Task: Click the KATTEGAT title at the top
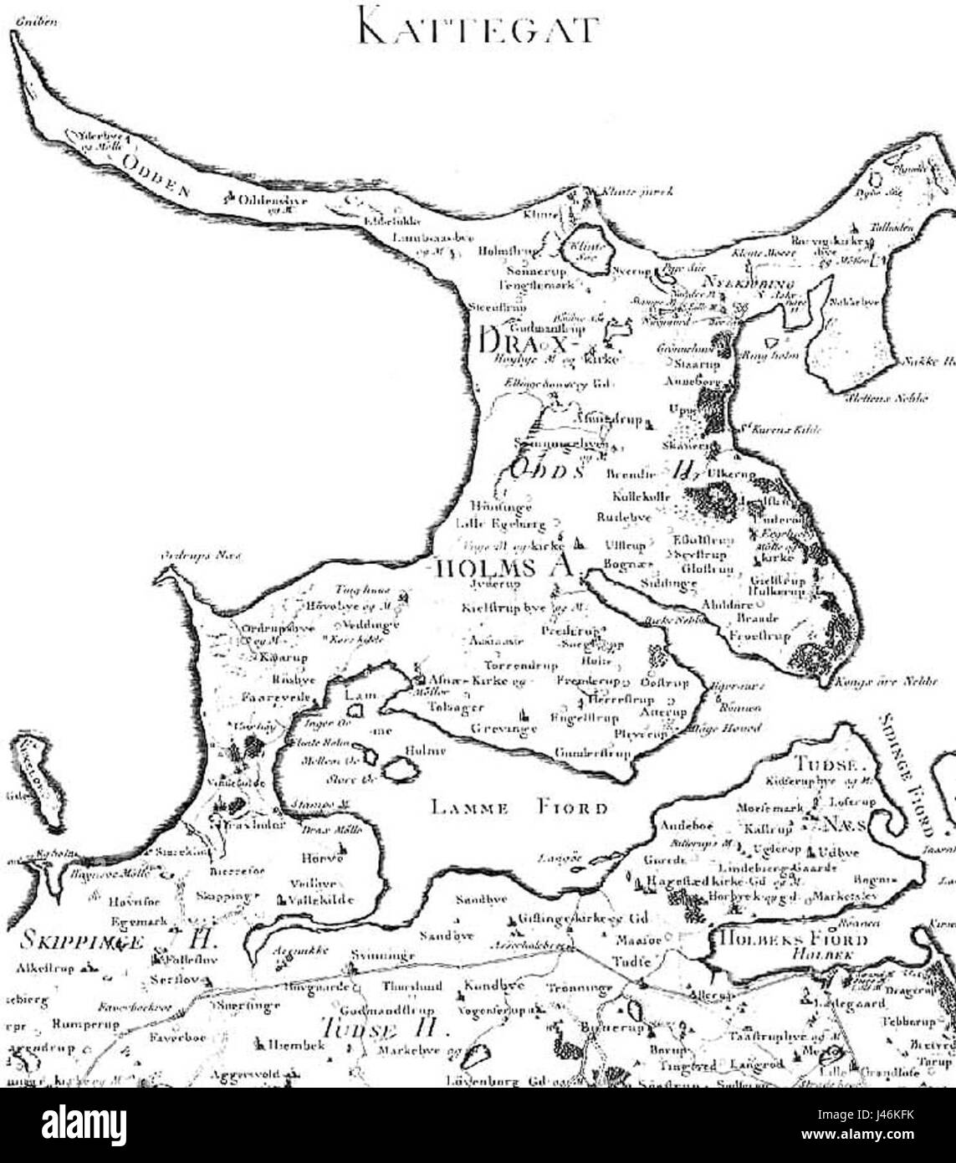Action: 478,27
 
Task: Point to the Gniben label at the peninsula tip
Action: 32,23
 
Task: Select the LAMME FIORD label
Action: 519,808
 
